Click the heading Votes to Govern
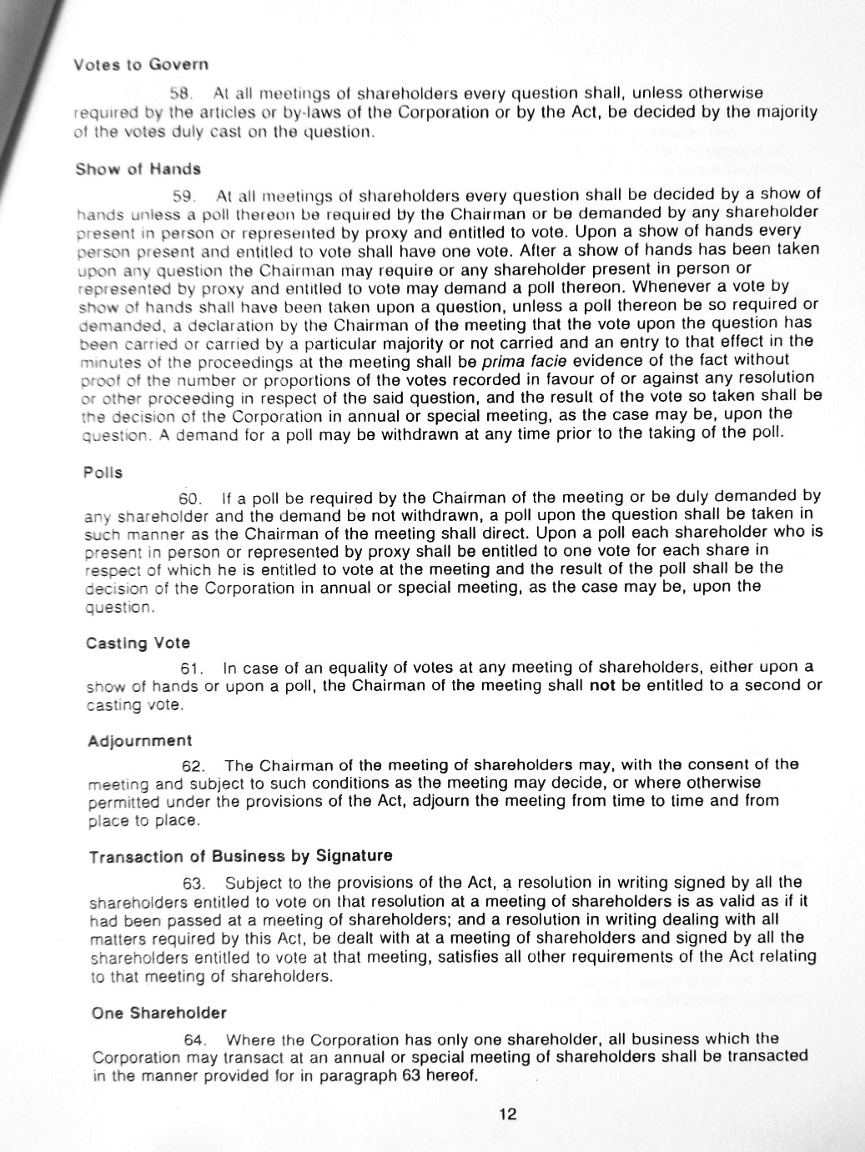point(141,64)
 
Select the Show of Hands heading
point(138,169)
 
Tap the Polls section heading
point(103,473)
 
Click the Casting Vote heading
point(138,643)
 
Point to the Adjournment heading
point(139,740)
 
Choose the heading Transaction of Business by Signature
point(240,856)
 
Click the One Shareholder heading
point(159,1013)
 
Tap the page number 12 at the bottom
point(508,1114)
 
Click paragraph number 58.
point(182,93)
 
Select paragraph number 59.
point(184,197)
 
